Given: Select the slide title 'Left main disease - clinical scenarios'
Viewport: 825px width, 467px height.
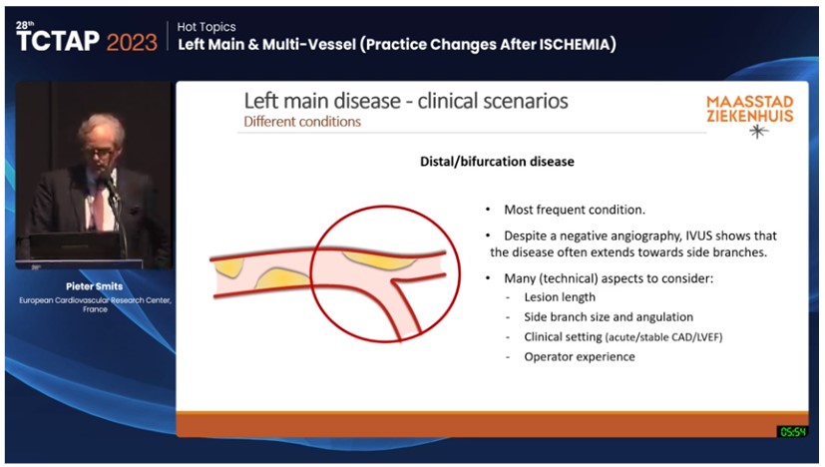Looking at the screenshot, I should pyautogui.click(x=406, y=102).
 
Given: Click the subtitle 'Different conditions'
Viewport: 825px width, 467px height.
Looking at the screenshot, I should pyautogui.click(x=302, y=122).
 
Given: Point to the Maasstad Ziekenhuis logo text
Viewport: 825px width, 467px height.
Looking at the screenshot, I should pyautogui.click(x=750, y=109).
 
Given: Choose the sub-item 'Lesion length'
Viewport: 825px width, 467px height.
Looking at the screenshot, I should pyautogui.click(x=560, y=297).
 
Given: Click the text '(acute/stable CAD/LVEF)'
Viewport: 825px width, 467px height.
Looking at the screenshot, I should pyautogui.click(x=663, y=337).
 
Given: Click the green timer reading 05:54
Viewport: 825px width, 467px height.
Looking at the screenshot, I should pyautogui.click(x=792, y=431).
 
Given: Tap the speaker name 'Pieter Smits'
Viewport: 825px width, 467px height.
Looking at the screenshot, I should pyautogui.click(x=94, y=284).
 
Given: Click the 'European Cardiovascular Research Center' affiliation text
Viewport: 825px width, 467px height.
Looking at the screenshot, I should pyautogui.click(x=94, y=300).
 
